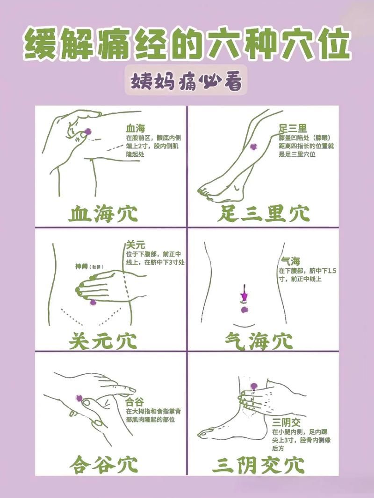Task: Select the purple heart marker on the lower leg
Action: click(253, 147)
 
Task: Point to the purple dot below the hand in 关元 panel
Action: click(93, 302)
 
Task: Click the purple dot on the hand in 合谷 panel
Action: click(79, 398)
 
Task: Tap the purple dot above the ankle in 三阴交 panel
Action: click(254, 386)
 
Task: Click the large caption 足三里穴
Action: click(263, 213)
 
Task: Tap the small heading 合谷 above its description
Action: click(135, 401)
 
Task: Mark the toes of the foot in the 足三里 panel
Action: click(206, 191)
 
